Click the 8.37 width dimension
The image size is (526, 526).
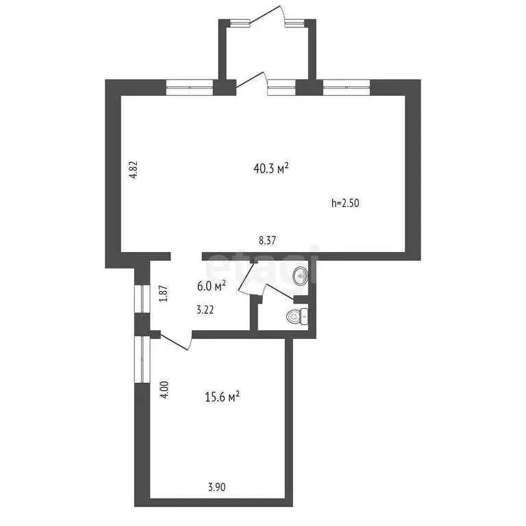click(x=268, y=240)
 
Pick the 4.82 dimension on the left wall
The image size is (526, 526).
click(x=134, y=169)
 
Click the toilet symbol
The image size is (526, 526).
click(x=297, y=316)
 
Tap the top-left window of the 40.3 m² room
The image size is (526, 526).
click(x=190, y=87)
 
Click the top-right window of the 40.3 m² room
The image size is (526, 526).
click(x=347, y=87)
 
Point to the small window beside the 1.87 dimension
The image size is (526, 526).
click(x=142, y=298)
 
